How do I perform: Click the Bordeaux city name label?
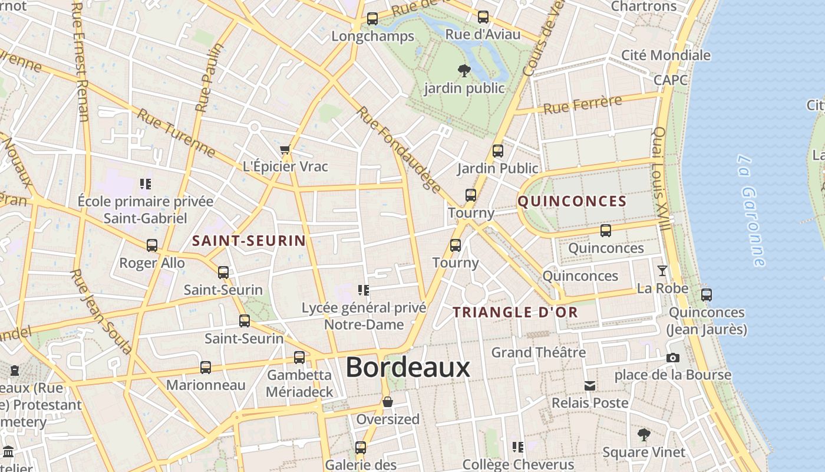pyautogui.click(x=408, y=368)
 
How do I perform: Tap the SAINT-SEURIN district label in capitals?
pyautogui.click(x=249, y=241)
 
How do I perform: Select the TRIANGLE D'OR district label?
pyautogui.click(x=515, y=313)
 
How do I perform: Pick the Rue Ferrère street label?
pyautogui.click(x=582, y=105)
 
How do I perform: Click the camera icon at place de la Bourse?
pyautogui.click(x=672, y=358)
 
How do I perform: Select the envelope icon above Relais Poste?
pyautogui.click(x=589, y=386)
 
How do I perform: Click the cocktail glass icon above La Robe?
pyautogui.click(x=662, y=271)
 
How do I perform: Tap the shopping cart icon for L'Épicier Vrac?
pyautogui.click(x=285, y=150)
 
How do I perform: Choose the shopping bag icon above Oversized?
pyautogui.click(x=388, y=402)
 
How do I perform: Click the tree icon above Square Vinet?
pyautogui.click(x=643, y=435)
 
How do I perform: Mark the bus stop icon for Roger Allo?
pyautogui.click(x=152, y=245)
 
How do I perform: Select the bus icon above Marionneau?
pyautogui.click(x=205, y=368)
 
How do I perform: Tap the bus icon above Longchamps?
pyautogui.click(x=372, y=19)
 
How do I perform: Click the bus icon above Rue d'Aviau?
pyautogui.click(x=483, y=17)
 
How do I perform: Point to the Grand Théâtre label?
pyautogui.click(x=539, y=353)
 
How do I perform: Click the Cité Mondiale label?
pyautogui.click(x=666, y=55)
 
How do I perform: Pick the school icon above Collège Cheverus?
pyautogui.click(x=518, y=447)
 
